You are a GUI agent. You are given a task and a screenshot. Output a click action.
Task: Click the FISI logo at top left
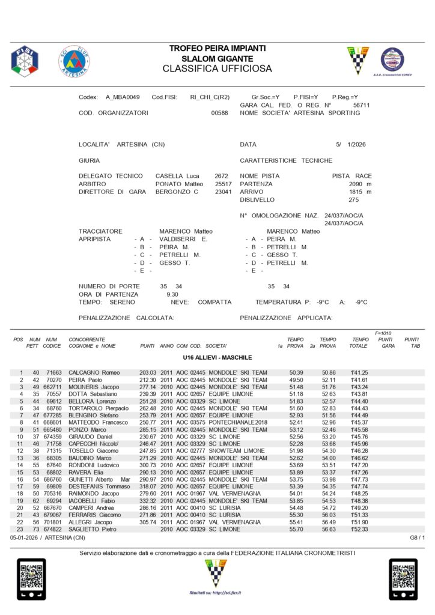pos(24,60)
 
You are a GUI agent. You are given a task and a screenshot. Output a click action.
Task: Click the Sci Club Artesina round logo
pos(73,61)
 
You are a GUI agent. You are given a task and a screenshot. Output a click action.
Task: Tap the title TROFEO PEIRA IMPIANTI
pos(217,48)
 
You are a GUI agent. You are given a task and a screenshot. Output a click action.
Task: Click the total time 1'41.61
pos(359,380)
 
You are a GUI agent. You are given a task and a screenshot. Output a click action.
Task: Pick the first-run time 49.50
pos(296,380)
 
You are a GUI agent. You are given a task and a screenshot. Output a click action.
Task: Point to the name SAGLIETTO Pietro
pos(93,529)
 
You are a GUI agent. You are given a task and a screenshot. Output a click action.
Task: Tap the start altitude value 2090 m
pos(360,184)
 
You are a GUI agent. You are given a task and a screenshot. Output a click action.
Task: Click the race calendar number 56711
pos(361,105)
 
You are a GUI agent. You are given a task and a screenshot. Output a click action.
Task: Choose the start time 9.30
pos(172,294)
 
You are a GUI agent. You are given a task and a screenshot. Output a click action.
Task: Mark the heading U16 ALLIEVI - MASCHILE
pos(217,358)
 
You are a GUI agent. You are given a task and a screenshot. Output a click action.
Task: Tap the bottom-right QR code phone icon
pos(403,579)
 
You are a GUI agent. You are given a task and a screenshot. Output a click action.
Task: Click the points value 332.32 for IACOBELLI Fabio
pos(148,500)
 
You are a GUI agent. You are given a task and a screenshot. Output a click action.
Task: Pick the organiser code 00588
pos(220,113)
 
